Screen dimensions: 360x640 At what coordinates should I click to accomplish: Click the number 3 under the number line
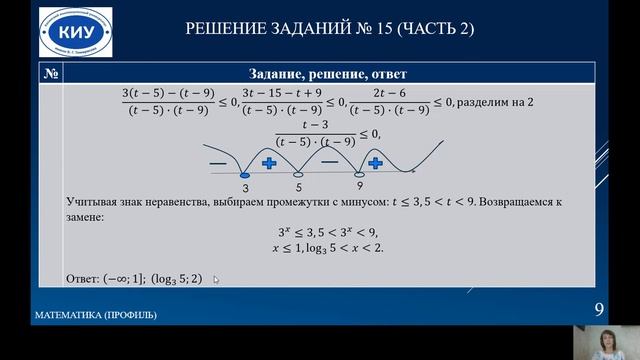click(x=245, y=187)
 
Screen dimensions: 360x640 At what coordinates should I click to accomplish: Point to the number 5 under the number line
click(x=298, y=187)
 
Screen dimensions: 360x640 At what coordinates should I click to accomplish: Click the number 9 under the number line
click(x=359, y=187)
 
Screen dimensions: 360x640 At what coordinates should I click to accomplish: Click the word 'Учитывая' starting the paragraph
click(x=90, y=202)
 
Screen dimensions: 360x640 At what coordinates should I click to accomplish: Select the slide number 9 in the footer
click(x=599, y=309)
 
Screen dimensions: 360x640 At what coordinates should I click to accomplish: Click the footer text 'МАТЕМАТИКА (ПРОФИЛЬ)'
click(x=95, y=316)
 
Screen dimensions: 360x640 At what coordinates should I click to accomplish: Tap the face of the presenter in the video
click(x=606, y=340)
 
